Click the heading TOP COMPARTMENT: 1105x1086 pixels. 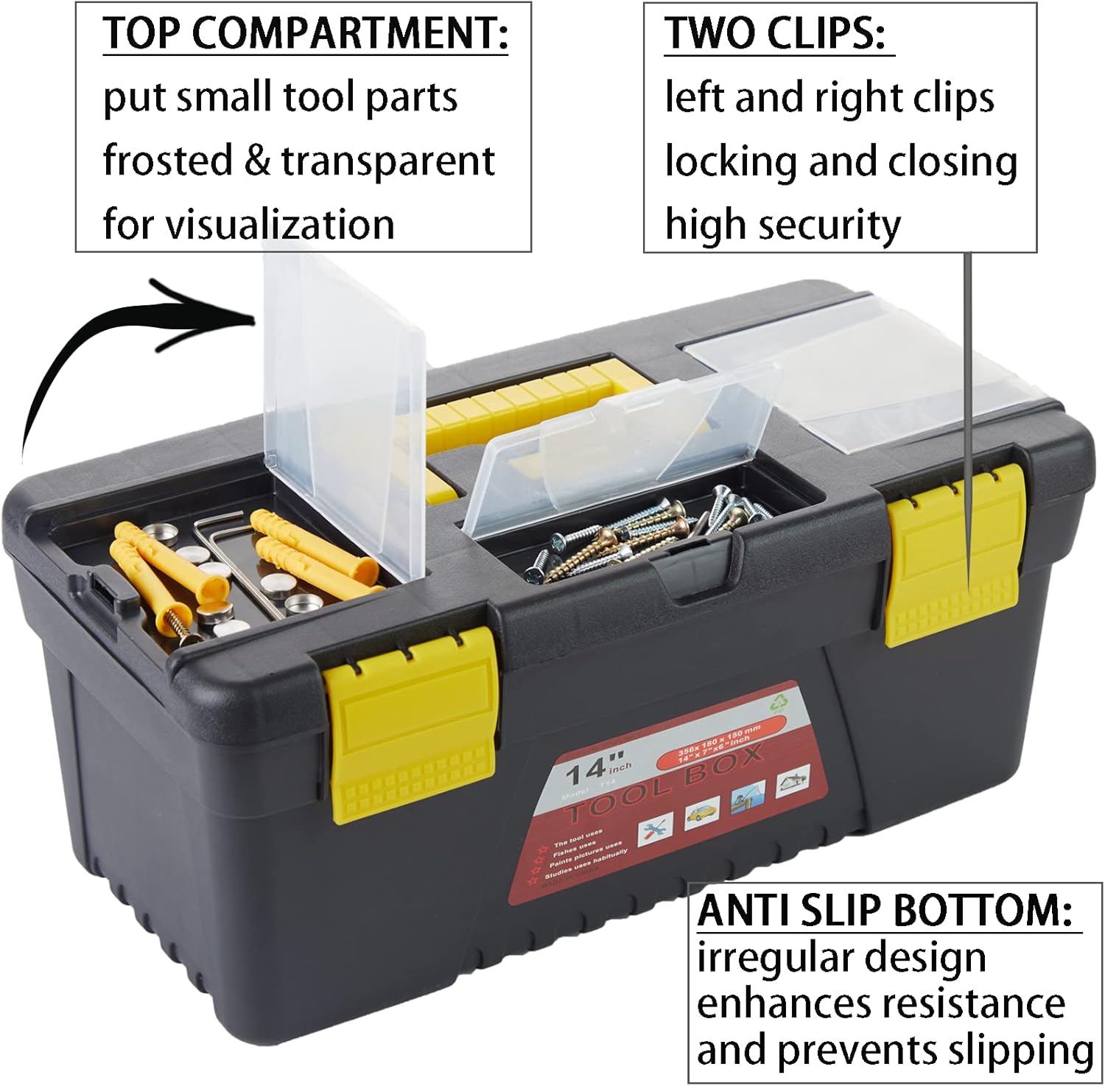pos(305,33)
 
